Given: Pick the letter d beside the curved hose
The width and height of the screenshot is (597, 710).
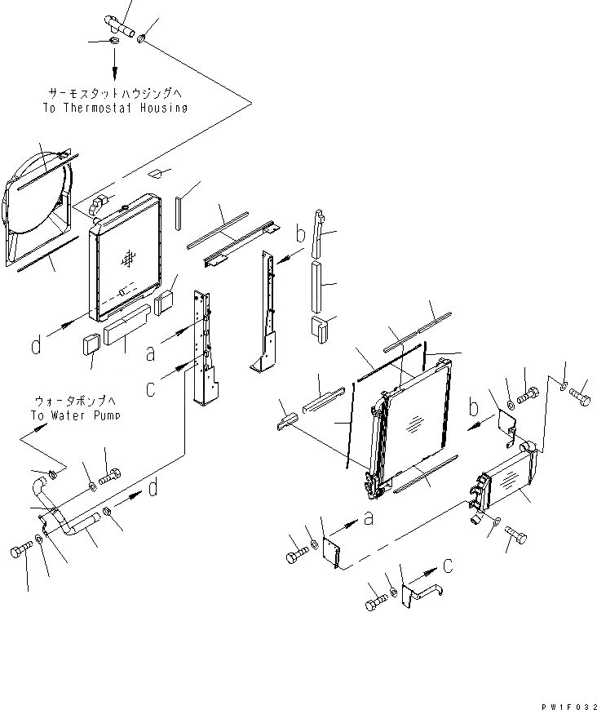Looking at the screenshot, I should (153, 489).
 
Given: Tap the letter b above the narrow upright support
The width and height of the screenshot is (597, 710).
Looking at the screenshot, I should (300, 235).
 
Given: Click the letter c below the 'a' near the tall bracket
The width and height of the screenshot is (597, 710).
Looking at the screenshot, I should (150, 388).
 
